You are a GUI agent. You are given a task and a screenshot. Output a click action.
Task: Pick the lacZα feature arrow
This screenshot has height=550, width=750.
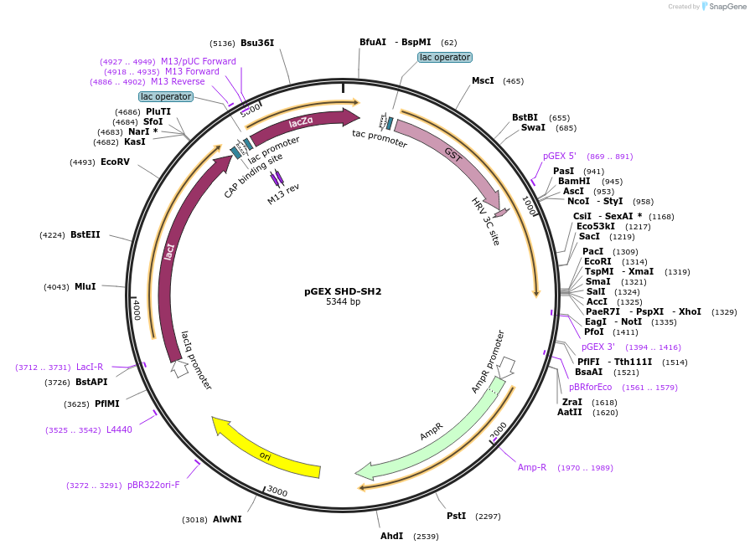[x=302, y=124]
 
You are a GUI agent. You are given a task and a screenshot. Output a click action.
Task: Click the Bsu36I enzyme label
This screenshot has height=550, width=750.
[x=257, y=43]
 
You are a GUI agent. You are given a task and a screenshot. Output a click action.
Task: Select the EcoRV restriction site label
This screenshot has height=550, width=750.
[x=115, y=162]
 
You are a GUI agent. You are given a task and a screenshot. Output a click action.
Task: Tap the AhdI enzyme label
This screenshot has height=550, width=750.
[x=392, y=536]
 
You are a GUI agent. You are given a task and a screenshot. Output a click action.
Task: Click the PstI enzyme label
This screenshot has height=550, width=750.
[x=456, y=517]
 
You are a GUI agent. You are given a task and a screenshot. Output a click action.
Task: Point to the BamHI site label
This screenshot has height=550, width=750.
[x=574, y=181]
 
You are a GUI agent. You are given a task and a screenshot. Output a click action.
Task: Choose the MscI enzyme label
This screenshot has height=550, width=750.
[x=483, y=80]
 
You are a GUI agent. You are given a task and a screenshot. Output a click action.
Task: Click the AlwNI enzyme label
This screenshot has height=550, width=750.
[x=227, y=519]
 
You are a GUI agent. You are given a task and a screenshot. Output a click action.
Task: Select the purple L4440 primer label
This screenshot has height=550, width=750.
[x=119, y=429]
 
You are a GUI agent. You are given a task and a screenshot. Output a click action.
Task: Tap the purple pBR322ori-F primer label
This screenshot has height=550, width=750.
[x=153, y=485]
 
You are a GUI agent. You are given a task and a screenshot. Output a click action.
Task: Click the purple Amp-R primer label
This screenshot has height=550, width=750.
[x=532, y=467]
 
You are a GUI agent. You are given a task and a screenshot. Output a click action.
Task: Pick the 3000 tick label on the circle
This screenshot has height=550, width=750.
[x=277, y=492]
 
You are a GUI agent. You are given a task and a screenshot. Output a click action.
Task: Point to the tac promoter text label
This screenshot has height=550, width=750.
[x=380, y=138]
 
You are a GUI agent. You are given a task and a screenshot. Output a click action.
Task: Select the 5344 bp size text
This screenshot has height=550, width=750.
[x=343, y=302]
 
